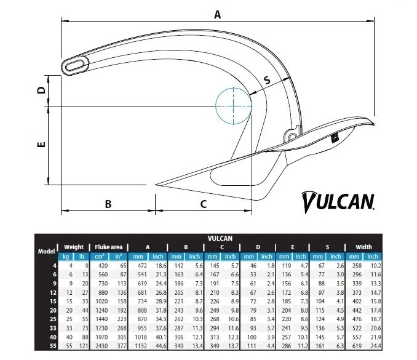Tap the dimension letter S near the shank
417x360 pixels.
(267, 81)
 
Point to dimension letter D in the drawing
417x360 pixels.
(41, 90)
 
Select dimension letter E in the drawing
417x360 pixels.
(41, 145)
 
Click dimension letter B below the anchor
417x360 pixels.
(108, 204)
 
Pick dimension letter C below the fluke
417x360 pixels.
(203, 204)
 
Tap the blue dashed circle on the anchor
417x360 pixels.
(234, 106)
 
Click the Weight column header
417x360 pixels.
(73, 247)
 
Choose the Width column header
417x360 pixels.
(363, 247)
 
